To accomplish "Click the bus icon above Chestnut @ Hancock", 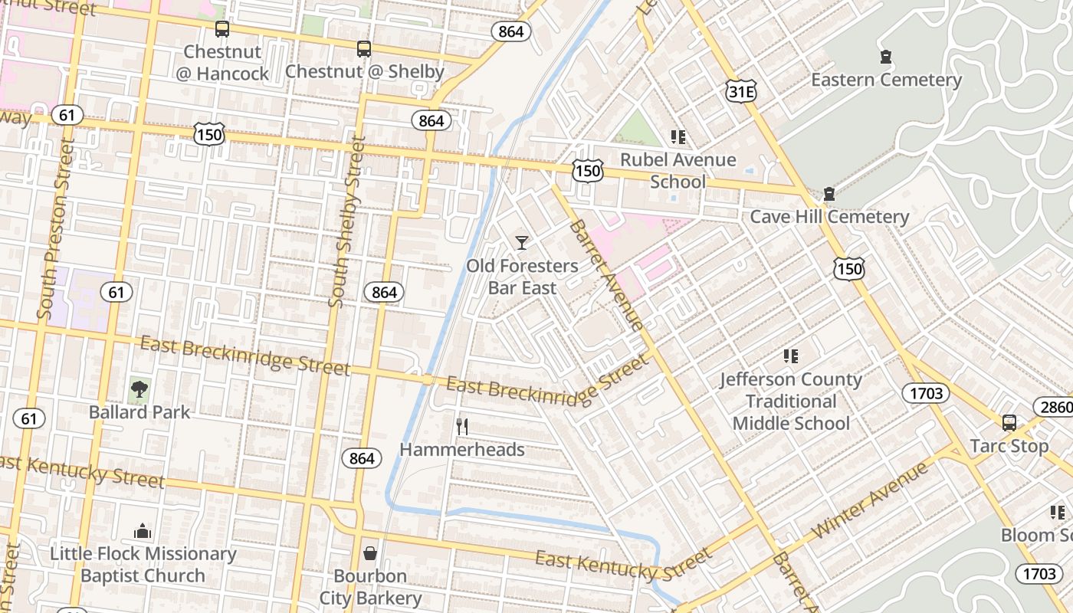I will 221,29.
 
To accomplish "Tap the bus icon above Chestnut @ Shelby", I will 364,49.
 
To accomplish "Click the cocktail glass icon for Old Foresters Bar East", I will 522,243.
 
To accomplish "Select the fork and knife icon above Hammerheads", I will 462,427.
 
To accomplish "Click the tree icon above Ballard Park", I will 139,389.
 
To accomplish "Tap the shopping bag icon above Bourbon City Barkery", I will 370,553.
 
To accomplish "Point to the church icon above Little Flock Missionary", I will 143,531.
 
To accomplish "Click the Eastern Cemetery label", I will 886,80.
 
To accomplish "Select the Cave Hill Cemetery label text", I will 829,217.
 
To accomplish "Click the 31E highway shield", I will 740,92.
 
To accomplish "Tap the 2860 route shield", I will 1055,407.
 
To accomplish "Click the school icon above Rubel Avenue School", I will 678,137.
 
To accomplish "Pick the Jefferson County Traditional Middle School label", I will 791,401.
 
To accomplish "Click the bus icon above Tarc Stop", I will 1009,423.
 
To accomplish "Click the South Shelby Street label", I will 346,222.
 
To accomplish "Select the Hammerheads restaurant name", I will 462,450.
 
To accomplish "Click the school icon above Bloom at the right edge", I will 1058,513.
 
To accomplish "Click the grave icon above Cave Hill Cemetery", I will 829,194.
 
